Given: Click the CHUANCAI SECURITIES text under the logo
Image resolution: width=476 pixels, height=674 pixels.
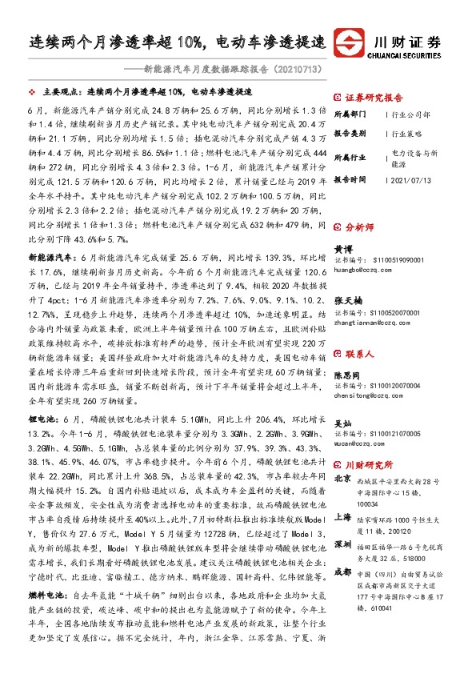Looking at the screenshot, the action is [406, 55].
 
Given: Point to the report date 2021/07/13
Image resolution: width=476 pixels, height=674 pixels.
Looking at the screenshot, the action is [413, 180].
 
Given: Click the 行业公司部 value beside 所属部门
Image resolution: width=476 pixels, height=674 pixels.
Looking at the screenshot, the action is [411, 114].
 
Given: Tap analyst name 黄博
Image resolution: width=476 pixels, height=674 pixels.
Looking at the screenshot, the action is [342, 250].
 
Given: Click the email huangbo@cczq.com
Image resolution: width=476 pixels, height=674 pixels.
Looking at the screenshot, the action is [361, 270].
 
